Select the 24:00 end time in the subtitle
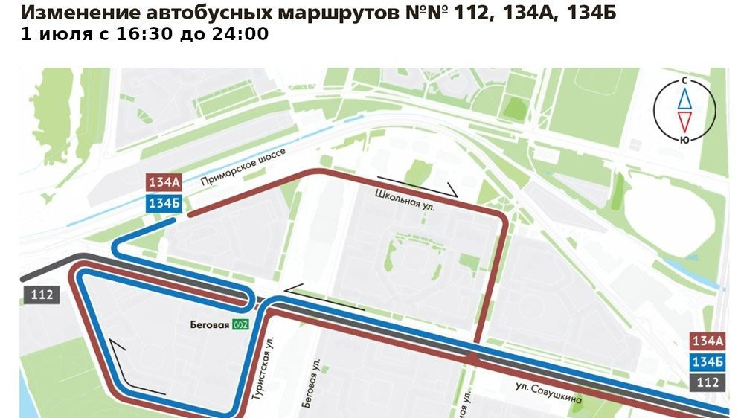click(243, 34)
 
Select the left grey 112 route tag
click(42, 294)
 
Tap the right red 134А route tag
click(708, 341)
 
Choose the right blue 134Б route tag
click(708, 361)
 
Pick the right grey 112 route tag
click(708, 382)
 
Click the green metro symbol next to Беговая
click(240, 324)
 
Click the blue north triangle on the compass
click(684, 97)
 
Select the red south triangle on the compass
click(684, 120)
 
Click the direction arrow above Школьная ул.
click(421, 186)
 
